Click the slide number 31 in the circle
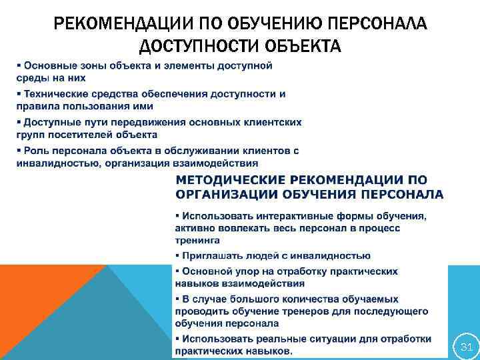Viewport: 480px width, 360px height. (466, 347)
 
